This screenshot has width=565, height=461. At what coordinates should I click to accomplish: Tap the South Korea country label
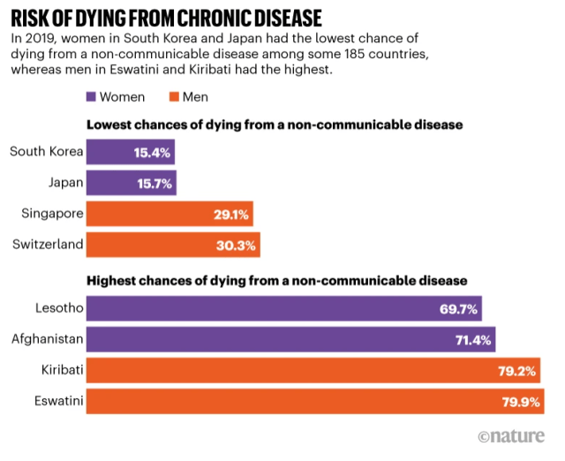[46, 152]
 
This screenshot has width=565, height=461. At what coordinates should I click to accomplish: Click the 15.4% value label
[151, 153]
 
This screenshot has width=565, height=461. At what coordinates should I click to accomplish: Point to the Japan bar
[132, 183]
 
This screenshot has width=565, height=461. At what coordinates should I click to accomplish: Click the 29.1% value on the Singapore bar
[231, 214]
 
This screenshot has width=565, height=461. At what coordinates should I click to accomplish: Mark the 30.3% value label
[237, 245]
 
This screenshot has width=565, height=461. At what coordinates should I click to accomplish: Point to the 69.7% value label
[459, 310]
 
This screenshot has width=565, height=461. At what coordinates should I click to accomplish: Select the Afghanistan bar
[290, 340]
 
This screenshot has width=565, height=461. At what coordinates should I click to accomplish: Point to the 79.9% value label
[520, 402]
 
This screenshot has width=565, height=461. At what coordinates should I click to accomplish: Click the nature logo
[513, 437]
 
